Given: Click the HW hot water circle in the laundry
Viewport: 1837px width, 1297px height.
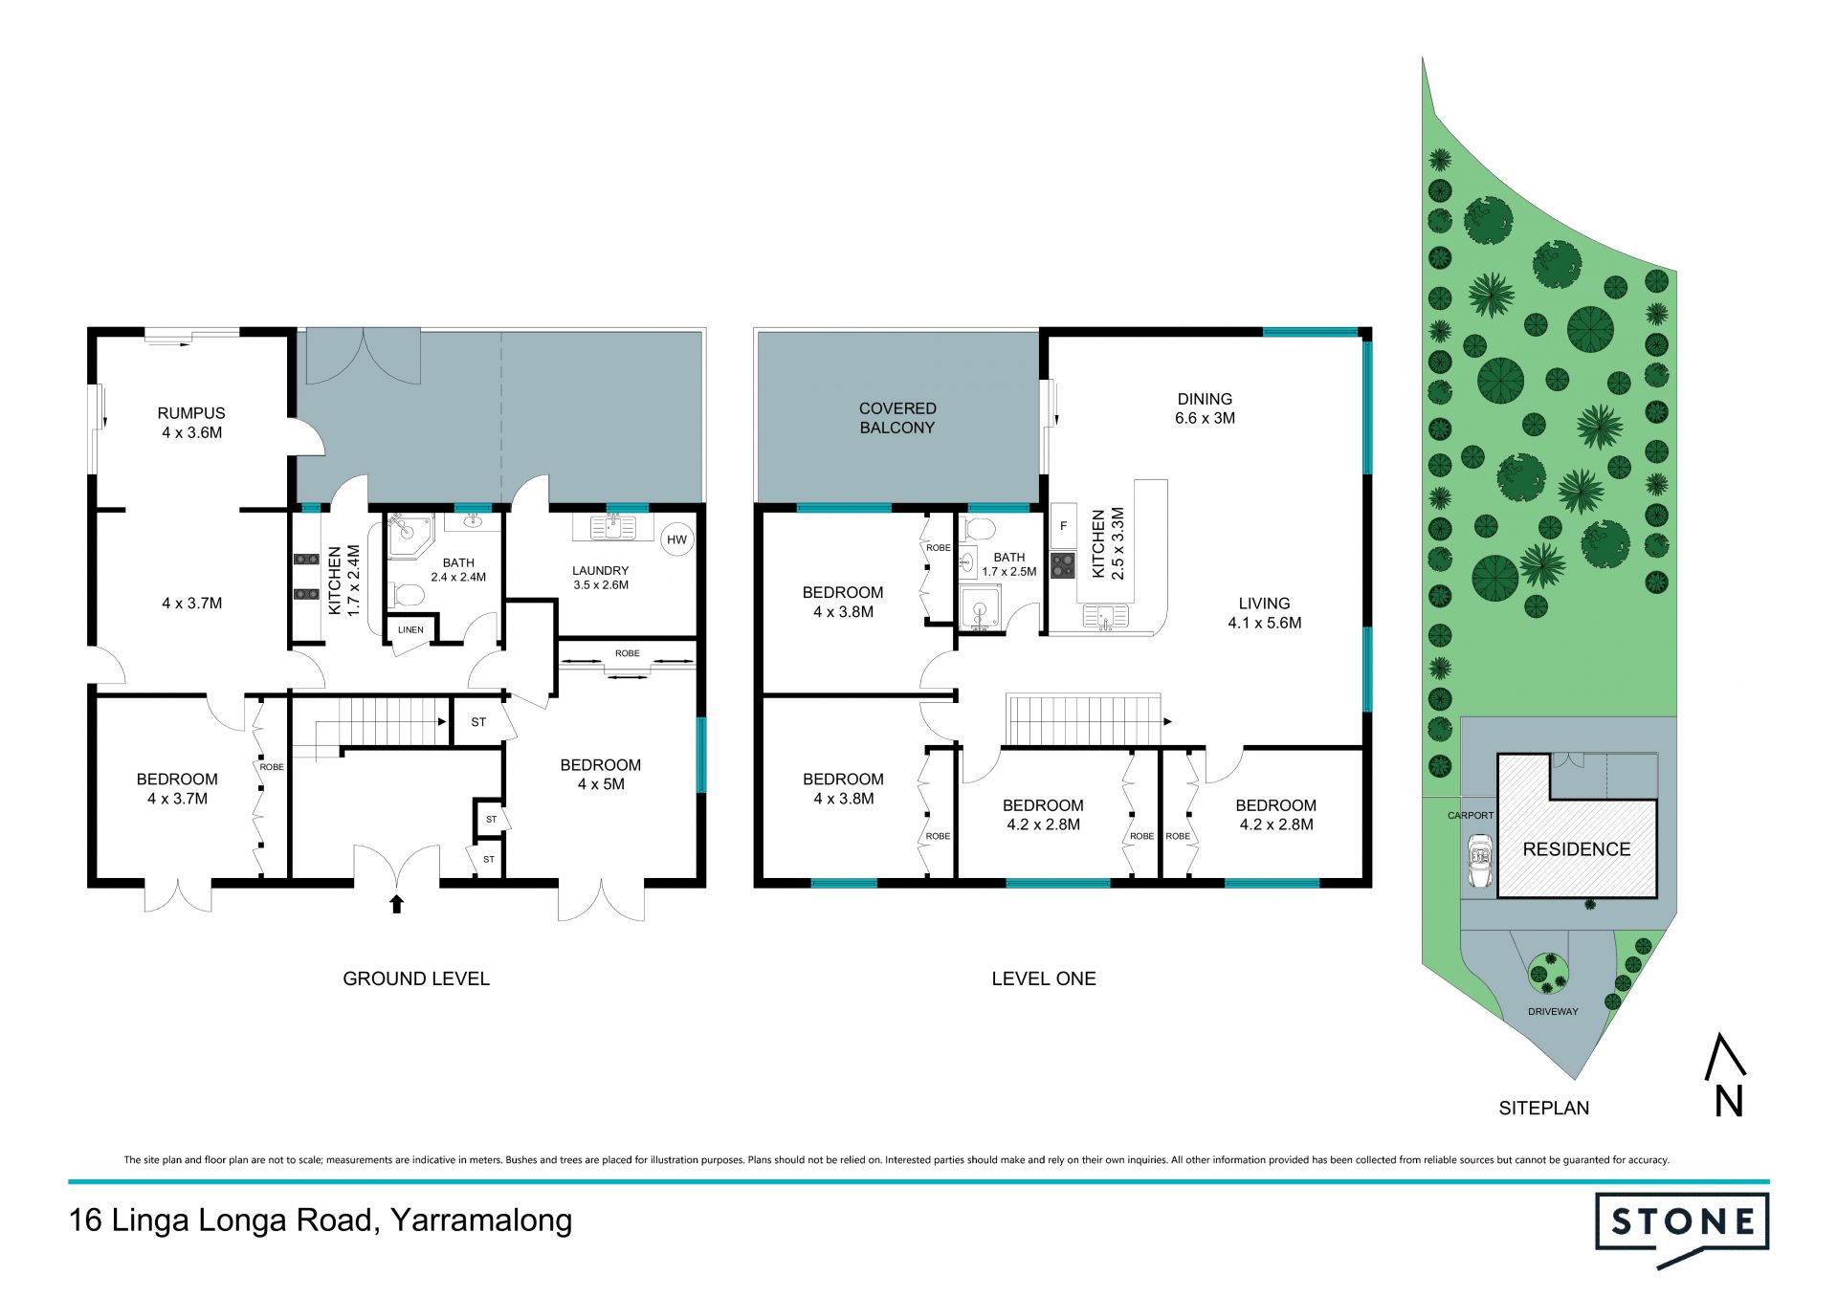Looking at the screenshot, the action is [676, 539].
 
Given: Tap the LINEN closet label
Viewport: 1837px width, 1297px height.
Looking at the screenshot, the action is [410, 629].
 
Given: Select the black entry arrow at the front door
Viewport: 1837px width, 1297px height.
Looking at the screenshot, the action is [397, 904].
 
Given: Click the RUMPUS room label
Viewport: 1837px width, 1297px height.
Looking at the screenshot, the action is [191, 413].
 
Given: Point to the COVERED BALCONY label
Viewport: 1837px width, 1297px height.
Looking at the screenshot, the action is [897, 418].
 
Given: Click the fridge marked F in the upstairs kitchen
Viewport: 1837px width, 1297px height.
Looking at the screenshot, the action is [1063, 526].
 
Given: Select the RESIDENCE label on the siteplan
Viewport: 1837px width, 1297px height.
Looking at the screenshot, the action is [1577, 849].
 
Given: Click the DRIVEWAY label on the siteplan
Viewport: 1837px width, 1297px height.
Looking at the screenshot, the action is [1553, 1011].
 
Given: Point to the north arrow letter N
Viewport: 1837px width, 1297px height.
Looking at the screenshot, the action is [1729, 1103].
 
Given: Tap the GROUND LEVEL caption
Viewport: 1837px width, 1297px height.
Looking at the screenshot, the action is [416, 978].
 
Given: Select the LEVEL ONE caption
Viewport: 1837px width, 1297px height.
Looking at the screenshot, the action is [1044, 978].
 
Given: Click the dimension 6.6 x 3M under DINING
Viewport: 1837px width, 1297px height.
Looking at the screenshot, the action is [1205, 418].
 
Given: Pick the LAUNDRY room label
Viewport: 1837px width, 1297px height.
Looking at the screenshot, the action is [601, 571].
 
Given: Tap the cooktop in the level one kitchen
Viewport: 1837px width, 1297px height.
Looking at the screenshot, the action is [1063, 565].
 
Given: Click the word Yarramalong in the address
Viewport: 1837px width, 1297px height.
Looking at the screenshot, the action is [482, 1221].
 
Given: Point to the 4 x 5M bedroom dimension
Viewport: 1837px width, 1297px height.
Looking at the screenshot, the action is [601, 784].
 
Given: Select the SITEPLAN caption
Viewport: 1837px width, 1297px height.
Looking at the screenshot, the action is [1544, 1108].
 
